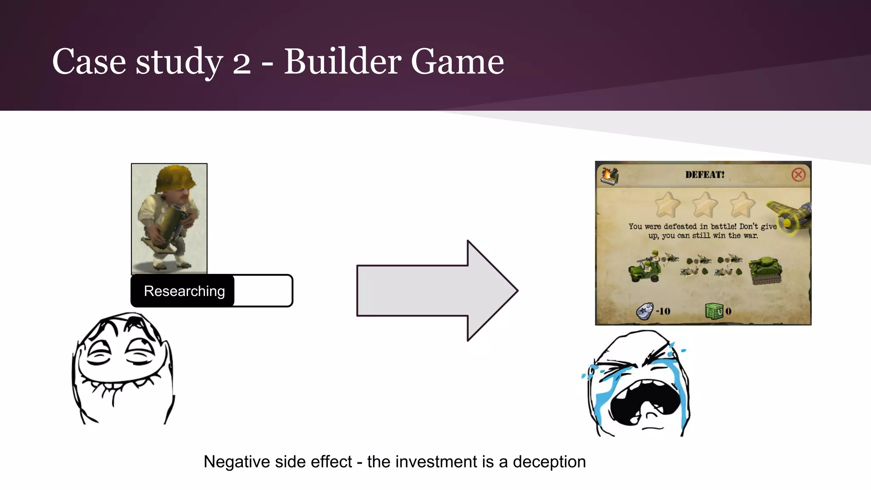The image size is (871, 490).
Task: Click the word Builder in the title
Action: click(x=342, y=62)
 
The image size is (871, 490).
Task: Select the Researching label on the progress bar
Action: click(x=184, y=291)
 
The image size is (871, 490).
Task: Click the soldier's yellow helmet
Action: click(x=175, y=178)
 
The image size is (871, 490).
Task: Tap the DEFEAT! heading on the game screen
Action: click(x=704, y=174)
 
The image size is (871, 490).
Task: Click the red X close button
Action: click(x=798, y=174)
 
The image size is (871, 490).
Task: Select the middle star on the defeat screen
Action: click(x=705, y=205)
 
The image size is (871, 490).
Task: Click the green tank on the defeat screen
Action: click(x=766, y=270)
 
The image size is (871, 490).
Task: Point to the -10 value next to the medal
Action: click(x=663, y=311)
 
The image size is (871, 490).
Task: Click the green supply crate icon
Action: click(x=714, y=311)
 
